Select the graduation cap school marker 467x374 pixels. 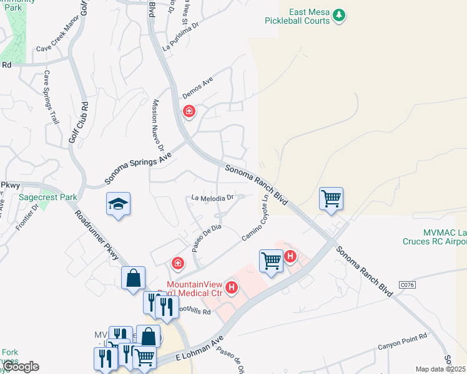(x=118, y=204)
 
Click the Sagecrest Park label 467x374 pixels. (x=48, y=197)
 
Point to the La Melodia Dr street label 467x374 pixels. (x=212, y=198)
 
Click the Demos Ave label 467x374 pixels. (x=198, y=87)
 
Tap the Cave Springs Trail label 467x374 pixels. (x=51, y=97)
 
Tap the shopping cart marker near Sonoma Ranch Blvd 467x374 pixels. (x=331, y=199)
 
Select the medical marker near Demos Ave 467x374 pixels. (x=189, y=112)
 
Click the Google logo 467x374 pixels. (x=20, y=366)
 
